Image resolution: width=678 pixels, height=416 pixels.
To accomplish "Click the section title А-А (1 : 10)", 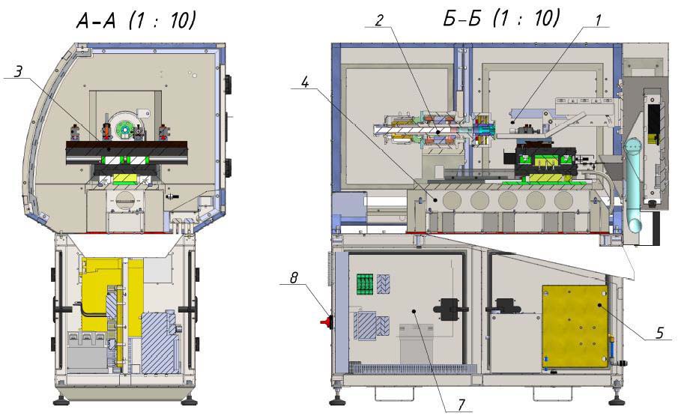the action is (136, 22).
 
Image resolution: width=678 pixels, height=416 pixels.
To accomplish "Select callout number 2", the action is (379, 19).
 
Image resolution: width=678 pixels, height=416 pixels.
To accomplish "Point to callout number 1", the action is (597, 20).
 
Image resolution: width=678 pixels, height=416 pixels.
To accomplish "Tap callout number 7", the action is (460, 404).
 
